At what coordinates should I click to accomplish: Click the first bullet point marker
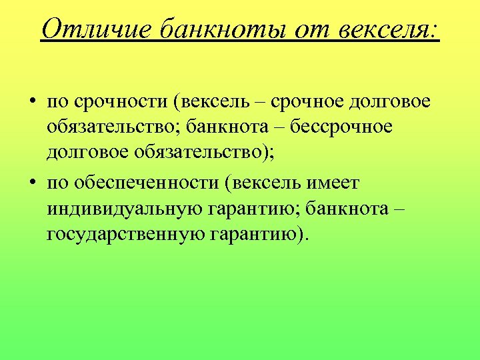31,103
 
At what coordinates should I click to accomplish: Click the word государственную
126,234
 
